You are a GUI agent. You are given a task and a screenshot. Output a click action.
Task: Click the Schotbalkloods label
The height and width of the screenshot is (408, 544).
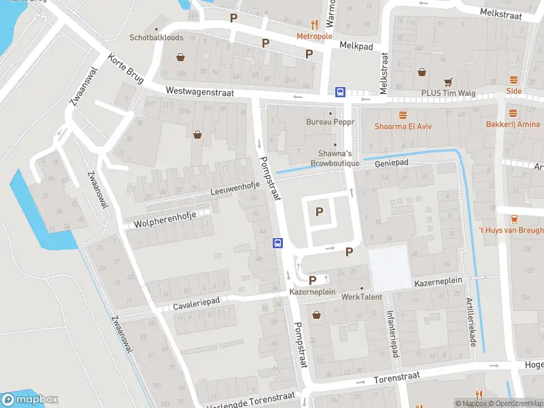pyautogui.click(x=156, y=38)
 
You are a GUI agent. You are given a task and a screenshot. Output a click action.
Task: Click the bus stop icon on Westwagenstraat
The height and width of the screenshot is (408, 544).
pyautogui.click(x=340, y=92)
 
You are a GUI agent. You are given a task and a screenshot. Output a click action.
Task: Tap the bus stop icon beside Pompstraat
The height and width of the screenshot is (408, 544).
pyautogui.click(x=277, y=243)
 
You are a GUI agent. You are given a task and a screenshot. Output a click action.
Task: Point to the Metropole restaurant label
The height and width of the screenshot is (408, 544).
pyautogui.click(x=313, y=35)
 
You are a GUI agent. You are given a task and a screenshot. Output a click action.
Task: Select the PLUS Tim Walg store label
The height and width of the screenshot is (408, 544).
pyautogui.click(x=458, y=92)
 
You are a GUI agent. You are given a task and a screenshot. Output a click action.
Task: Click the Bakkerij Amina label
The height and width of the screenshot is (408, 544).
pyautogui.click(x=513, y=124)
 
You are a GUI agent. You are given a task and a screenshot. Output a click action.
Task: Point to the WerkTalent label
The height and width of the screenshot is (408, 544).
pyautogui.click(x=361, y=297)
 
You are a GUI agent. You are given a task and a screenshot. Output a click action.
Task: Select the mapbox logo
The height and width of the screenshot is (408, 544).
pyautogui.click(x=31, y=400)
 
